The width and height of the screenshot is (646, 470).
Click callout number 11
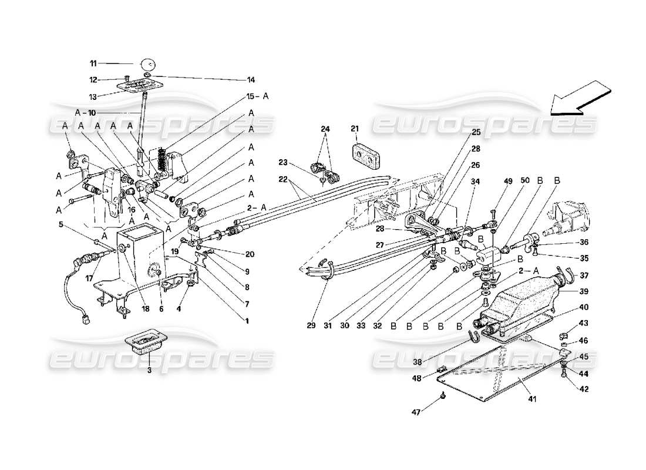tap(93, 63)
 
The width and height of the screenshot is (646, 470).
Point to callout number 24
tap(325, 129)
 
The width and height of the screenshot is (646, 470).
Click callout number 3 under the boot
tap(149, 371)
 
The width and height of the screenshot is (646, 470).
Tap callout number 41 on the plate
tap(532, 399)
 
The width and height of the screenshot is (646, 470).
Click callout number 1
tap(247, 321)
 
